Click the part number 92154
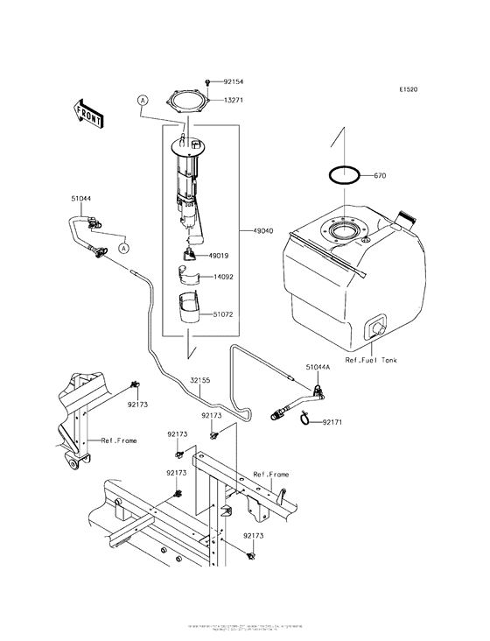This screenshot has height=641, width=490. point(232,81)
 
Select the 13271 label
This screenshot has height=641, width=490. point(232,100)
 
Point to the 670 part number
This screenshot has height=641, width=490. point(380,175)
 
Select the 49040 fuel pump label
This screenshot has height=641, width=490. point(262,231)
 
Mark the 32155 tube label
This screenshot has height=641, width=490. point(200,380)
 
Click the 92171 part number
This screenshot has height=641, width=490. point(333,422)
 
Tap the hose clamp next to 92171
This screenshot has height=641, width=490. point(306,422)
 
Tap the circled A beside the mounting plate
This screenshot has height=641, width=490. point(140,102)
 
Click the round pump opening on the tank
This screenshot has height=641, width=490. point(344,233)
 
